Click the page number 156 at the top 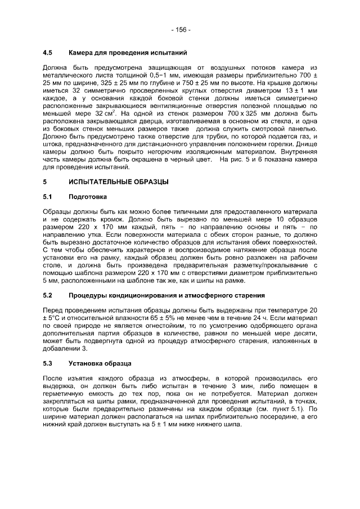pyautogui.click(x=180, y=29)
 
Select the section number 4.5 pyautogui.click(x=48, y=53)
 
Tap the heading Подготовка pyautogui.click(x=87, y=197)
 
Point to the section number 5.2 pyautogui.click(x=48, y=295)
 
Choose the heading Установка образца pyautogui.click(x=100, y=363)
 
